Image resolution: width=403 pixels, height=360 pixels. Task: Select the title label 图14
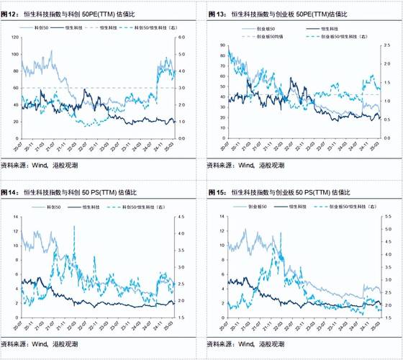[x=9, y=192]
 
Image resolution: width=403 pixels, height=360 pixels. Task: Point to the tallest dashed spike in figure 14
[x=74, y=227]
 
